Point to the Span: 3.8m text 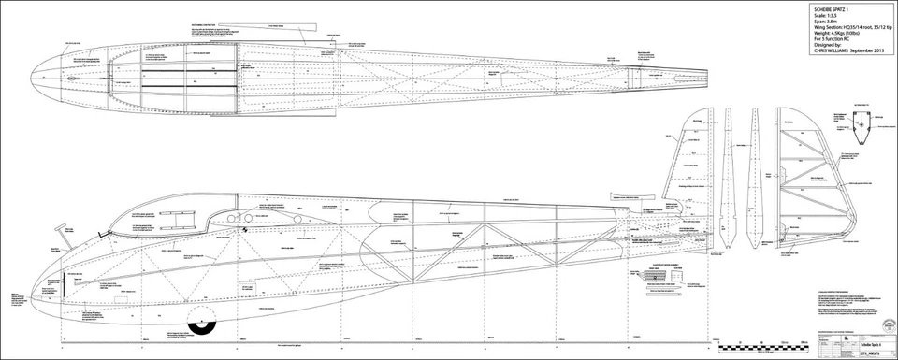[x=828, y=21]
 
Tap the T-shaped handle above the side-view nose [x=63, y=227]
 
